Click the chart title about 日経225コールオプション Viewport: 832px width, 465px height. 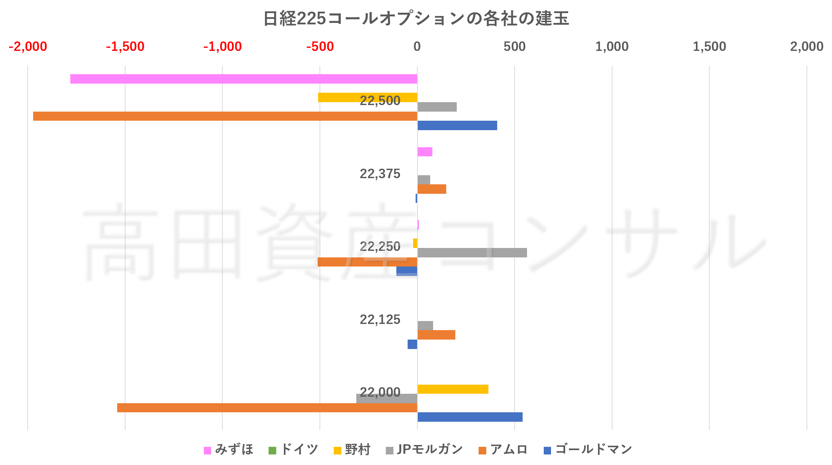[x=416, y=18]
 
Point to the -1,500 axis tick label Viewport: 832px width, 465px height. [x=125, y=47]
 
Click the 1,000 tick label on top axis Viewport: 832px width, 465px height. [x=612, y=47]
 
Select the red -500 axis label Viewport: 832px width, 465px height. [x=320, y=47]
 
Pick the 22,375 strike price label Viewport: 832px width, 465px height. [x=380, y=174]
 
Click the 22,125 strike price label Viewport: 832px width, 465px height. [x=380, y=320]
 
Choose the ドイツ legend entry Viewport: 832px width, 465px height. [x=294, y=450]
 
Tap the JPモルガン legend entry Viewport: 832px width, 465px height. [x=425, y=450]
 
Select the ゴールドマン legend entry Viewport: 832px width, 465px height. [x=588, y=450]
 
